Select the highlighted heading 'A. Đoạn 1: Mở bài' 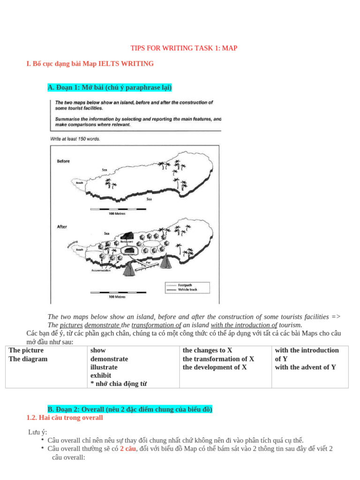(x=110, y=88)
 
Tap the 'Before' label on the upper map (x=63, y=161)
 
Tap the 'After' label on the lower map (x=62, y=227)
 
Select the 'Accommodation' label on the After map (x=101, y=270)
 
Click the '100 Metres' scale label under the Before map (x=117, y=214)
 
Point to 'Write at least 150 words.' (x=75, y=139)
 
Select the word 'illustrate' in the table (x=104, y=367)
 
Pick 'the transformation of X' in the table (x=218, y=359)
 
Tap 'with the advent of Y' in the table (x=305, y=367)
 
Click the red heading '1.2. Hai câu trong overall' (x=65, y=418)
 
